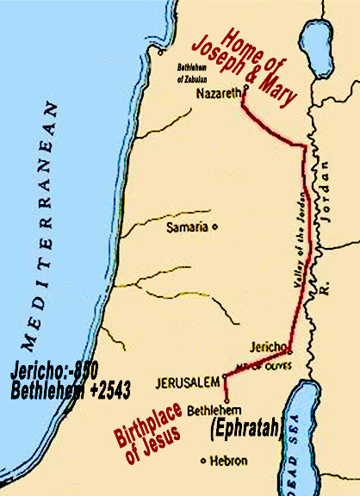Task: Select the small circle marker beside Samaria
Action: click(214, 227)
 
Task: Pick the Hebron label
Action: click(228, 460)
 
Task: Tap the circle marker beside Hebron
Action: click(202, 460)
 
